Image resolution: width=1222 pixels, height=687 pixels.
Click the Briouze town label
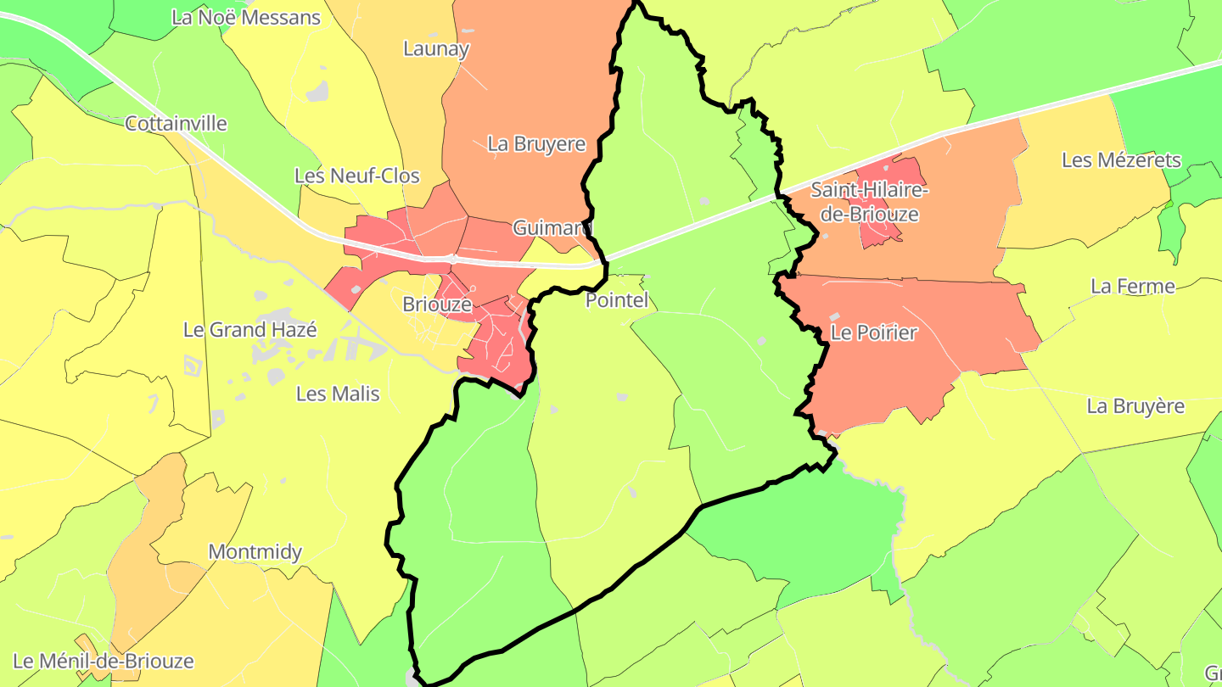coord(437,304)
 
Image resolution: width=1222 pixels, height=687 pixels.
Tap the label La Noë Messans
coord(246,17)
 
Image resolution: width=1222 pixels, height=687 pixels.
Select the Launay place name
coord(436,48)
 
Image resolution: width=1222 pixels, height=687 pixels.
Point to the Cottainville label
coord(176,124)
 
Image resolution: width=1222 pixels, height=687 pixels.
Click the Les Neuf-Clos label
coord(357,176)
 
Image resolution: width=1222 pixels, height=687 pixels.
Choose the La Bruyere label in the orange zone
coord(536,144)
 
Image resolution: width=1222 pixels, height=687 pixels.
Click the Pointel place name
coord(617,300)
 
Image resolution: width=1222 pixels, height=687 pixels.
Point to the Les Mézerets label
coord(1121,160)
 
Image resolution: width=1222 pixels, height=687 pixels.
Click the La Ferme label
coord(1133,287)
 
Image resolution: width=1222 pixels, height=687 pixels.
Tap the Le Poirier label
coord(873,332)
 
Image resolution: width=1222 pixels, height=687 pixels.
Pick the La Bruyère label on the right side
coord(1135,406)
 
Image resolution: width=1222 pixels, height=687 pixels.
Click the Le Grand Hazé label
coord(249,330)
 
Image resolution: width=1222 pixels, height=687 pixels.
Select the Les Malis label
coord(338,394)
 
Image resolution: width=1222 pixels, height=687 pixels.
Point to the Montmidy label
coord(255,552)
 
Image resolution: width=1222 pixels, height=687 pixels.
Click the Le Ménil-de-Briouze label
coord(104,661)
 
